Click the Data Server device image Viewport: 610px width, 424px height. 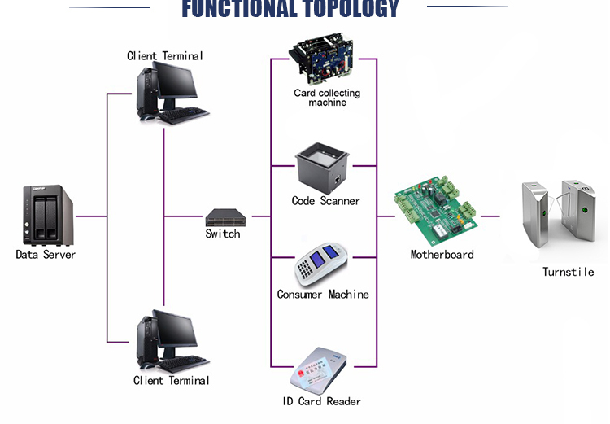[48, 215]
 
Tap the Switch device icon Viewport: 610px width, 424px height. [225, 217]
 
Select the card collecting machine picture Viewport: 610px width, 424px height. [322, 59]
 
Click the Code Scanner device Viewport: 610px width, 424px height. [323, 168]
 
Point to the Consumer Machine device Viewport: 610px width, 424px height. [320, 264]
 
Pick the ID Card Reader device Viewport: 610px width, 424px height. [318, 370]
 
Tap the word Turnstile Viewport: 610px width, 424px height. [568, 272]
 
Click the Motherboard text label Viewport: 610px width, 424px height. [442, 254]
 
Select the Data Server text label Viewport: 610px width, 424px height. [46, 254]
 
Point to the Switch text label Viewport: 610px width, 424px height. [223, 234]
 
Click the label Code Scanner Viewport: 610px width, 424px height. [326, 201]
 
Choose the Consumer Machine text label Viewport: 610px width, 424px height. [323, 295]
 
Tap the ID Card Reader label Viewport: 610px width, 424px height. [322, 401]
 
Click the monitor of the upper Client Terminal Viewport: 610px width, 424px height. [175, 81]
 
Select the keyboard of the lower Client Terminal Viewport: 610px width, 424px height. [184, 363]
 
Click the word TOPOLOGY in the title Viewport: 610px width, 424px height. [351, 9]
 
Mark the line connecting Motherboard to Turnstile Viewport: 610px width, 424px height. [490, 216]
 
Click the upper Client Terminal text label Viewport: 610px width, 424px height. [165, 56]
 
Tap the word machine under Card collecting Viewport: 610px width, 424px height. [327, 103]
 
